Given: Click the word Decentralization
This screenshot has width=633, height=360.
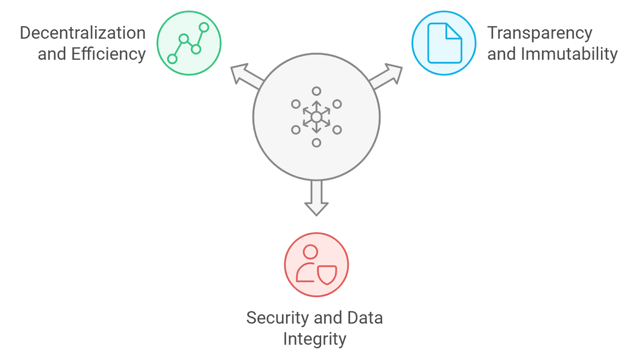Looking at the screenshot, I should (x=83, y=33).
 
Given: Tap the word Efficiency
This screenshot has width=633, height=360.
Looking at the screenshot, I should (x=108, y=54).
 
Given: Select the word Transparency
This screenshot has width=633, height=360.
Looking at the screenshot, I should (x=540, y=33).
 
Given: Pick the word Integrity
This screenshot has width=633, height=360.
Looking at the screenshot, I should (x=315, y=339).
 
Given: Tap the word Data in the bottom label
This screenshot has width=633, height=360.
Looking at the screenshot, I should (x=365, y=318).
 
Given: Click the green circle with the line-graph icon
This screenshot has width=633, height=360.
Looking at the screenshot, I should (x=189, y=43).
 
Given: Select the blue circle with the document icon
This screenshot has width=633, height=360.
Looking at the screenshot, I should (x=444, y=43).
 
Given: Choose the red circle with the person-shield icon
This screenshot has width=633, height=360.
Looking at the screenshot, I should (x=316, y=264).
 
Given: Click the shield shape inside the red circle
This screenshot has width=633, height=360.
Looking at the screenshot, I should (x=327, y=274).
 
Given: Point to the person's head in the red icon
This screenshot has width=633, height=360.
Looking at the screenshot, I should (x=310, y=252).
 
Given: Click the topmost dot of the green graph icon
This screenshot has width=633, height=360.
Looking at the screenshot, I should (x=204, y=27).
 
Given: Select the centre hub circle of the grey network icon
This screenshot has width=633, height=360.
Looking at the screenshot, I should (x=316, y=117).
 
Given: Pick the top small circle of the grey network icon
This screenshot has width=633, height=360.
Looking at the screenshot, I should (x=316, y=91).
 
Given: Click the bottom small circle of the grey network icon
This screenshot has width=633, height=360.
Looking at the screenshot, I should (x=316, y=143).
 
